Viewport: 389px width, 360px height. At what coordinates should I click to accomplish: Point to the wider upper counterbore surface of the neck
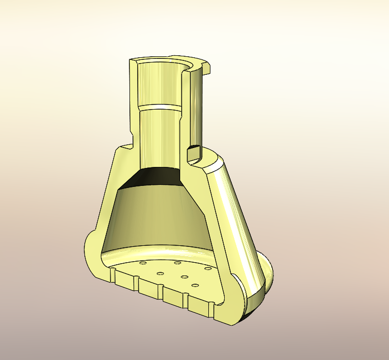tap(159, 82)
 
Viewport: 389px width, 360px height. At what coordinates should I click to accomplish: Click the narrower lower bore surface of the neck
tap(159, 138)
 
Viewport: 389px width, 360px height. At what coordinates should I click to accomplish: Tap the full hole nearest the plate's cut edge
tap(194, 285)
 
